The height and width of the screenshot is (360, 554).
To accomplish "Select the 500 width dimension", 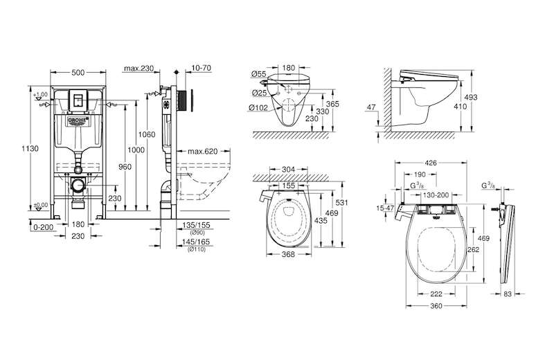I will tap(78, 71).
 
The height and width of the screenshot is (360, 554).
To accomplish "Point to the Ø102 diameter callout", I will tap(258, 107).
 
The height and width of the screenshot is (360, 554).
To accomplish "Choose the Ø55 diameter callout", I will tap(258, 73).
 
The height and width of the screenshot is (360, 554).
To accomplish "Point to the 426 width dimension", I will tap(431, 164).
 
